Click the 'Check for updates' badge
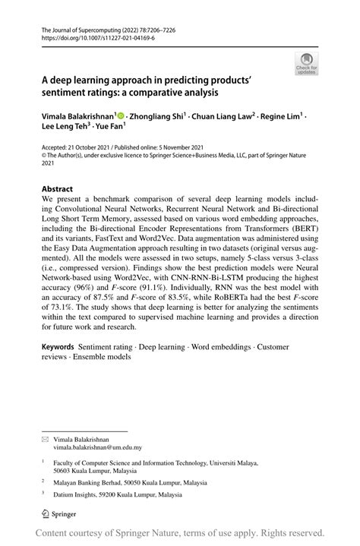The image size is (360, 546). pos(306,63)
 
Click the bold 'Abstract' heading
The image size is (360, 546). pos(58,188)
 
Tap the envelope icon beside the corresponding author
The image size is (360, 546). pos(45,439)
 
